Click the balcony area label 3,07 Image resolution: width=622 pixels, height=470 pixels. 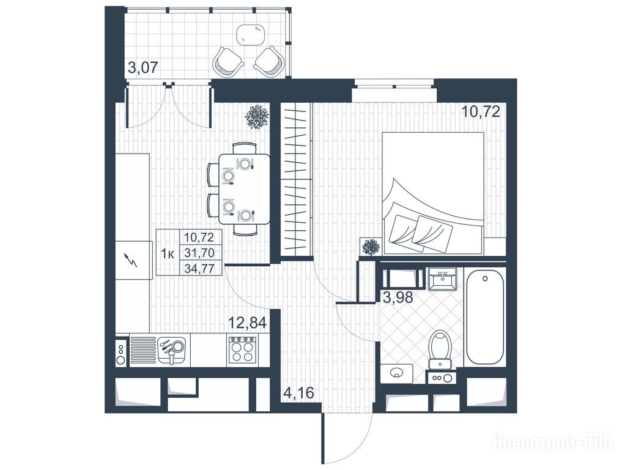(143, 67)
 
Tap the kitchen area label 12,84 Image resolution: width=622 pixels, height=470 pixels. (246, 321)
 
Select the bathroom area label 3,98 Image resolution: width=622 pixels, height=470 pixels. (398, 296)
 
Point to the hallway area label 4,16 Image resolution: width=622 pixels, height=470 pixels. (298, 393)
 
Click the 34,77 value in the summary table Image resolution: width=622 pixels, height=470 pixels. (199, 269)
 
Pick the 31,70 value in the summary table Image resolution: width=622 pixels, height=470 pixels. (199, 253)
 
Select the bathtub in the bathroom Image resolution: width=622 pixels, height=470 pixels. (485, 317)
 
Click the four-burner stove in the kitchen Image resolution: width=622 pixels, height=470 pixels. (243, 350)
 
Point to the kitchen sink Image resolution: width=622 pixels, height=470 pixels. (171, 350)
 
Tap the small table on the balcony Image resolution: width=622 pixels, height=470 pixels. (251, 34)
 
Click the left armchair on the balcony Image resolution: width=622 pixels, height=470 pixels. (228, 62)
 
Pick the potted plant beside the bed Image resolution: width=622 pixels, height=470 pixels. (371, 247)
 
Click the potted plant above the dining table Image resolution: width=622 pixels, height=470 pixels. (257, 117)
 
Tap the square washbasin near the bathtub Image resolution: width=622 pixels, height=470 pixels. (443, 279)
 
